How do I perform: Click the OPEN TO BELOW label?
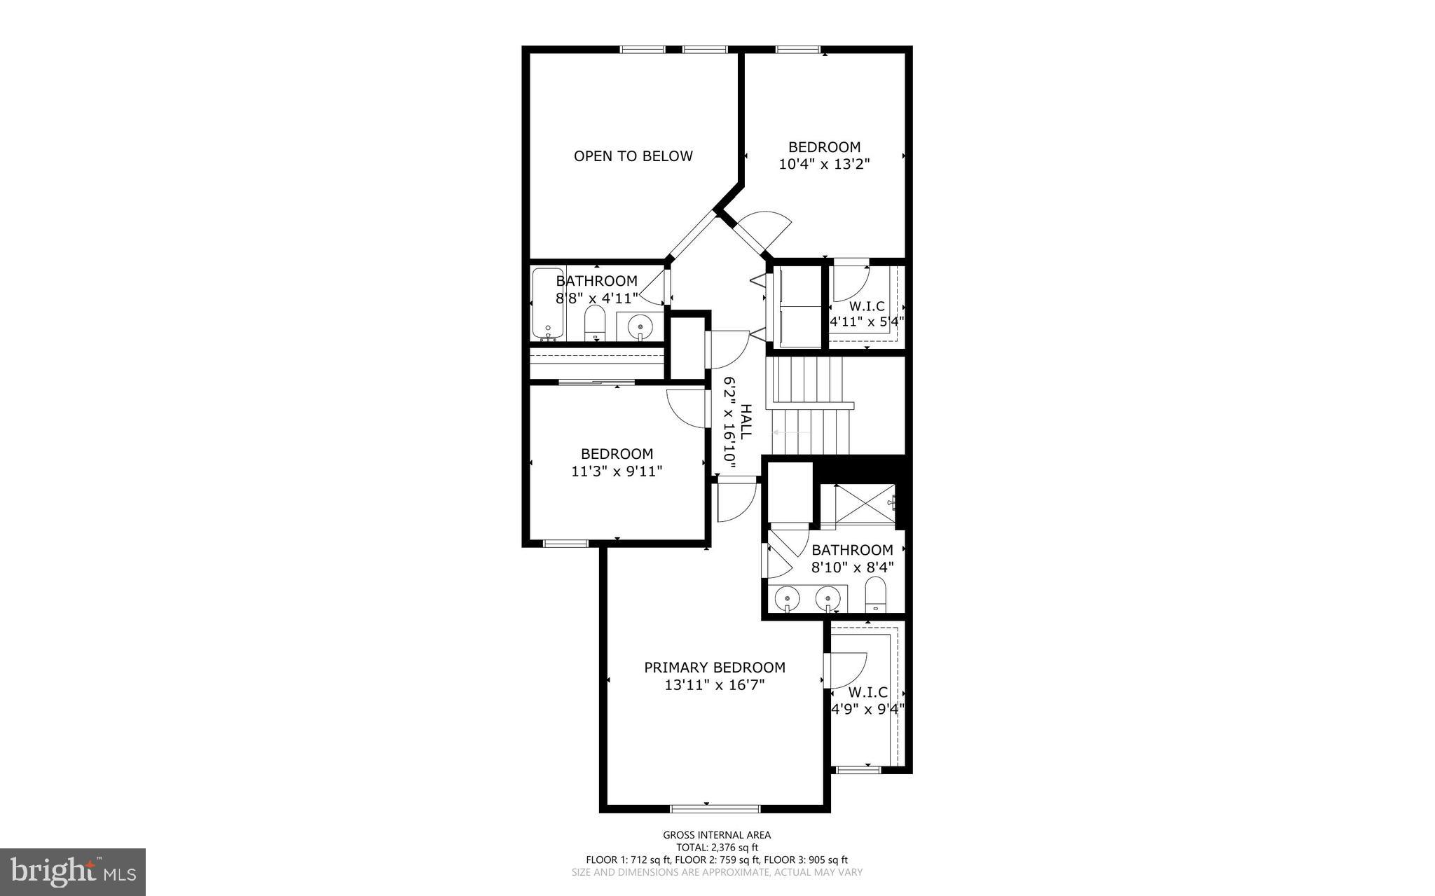pyautogui.click(x=633, y=156)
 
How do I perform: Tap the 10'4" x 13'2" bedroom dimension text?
pyautogui.click(x=824, y=164)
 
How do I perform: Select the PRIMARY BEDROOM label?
pyautogui.click(x=714, y=668)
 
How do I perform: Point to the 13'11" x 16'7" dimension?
pyautogui.click(x=714, y=685)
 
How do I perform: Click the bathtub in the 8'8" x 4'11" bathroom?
pyautogui.click(x=547, y=303)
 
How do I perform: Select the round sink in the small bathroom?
pyautogui.click(x=640, y=326)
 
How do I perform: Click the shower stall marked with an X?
pyautogui.click(x=865, y=503)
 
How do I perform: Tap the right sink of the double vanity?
pyautogui.click(x=828, y=599)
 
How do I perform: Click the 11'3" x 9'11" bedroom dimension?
pyautogui.click(x=617, y=471)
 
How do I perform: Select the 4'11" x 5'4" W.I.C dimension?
pyautogui.click(x=867, y=322)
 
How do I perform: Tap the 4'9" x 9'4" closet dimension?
pyautogui.click(x=867, y=708)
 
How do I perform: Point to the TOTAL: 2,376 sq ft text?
pyautogui.click(x=717, y=847)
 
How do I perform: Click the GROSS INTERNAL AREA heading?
pyautogui.click(x=717, y=834)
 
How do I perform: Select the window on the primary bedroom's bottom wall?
pyautogui.click(x=714, y=808)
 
